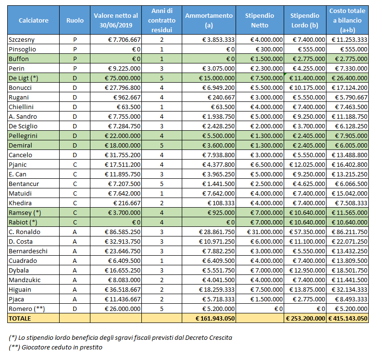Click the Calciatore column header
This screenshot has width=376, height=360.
click(x=33, y=20)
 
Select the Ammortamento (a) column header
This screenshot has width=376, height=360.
click(x=209, y=20)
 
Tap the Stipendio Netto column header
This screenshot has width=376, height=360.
click(x=260, y=20)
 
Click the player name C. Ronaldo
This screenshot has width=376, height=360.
click(x=25, y=232)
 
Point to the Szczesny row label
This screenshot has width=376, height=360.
click(x=22, y=39)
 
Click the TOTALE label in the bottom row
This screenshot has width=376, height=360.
click(x=19, y=318)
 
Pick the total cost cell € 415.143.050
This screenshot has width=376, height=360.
click(x=348, y=318)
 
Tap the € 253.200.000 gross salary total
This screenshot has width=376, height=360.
click(x=305, y=318)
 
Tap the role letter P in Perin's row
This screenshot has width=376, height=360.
click(x=75, y=68)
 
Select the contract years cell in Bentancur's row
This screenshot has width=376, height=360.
click(x=162, y=184)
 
